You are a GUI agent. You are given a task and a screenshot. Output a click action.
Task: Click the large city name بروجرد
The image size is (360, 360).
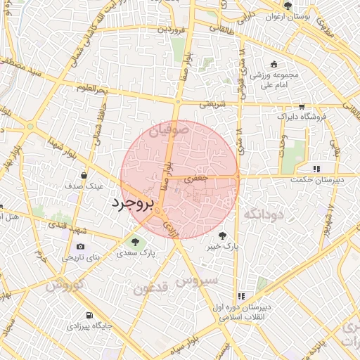click(131, 205)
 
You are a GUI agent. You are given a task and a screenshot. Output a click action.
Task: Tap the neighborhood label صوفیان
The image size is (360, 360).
click(169, 130)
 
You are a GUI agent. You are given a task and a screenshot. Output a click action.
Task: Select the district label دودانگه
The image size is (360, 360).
click(264, 214)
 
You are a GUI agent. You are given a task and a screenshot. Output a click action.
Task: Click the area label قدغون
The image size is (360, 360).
click(150, 288)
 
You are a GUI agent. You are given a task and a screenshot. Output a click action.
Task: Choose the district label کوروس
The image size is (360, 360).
click(65, 285)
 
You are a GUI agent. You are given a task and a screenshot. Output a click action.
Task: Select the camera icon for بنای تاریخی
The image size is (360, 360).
click(80, 247)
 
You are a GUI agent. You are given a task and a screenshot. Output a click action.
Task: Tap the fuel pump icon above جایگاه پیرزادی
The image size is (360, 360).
click(89, 316)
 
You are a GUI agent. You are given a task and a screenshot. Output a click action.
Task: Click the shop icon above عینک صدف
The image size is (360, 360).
click(84, 175)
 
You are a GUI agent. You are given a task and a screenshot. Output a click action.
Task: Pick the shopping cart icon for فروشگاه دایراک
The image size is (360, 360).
click(302, 107)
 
